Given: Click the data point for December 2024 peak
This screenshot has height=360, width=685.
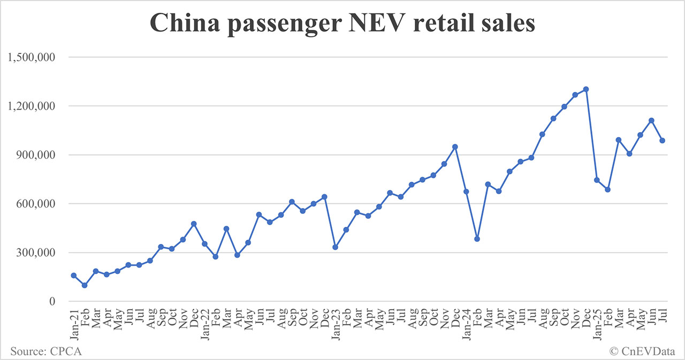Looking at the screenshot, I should pos(586,89).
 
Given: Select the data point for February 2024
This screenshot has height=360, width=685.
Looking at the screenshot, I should pos(477,239).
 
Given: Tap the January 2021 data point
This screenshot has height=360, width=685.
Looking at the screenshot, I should pos(73,275).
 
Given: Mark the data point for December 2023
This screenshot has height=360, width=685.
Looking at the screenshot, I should pos(455,147).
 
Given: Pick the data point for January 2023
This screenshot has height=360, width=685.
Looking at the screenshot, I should pos(335,247).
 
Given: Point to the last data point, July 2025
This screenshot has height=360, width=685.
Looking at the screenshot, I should pos(662,141).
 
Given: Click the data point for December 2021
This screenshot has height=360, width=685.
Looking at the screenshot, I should pos(194,224).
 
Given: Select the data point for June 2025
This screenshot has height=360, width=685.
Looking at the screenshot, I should pos(651,120).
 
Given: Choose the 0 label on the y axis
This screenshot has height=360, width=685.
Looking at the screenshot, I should pos(52,302).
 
